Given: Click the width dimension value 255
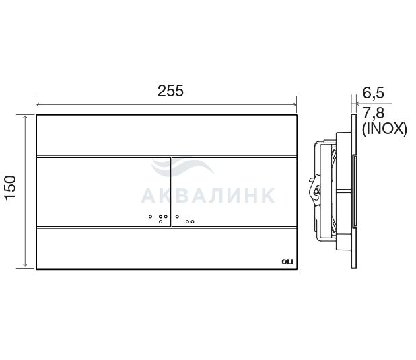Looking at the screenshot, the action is pyautogui.click(x=170, y=91).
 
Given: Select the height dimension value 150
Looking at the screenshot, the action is pyautogui.click(x=11, y=187).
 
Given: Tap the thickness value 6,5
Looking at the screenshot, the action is pyautogui.click(x=374, y=93).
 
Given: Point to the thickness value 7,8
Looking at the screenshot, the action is pyautogui.click(x=374, y=114).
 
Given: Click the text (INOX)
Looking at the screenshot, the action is pyautogui.click(x=384, y=129).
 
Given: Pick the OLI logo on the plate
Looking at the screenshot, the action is pyautogui.click(x=287, y=262).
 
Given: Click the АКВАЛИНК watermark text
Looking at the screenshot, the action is pyautogui.click(x=208, y=196).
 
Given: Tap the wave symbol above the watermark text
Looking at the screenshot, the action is pyautogui.click(x=182, y=167).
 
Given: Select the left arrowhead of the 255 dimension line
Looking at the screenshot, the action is pyautogui.click(x=38, y=104).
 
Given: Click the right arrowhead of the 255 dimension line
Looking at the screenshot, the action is pyautogui.click(x=294, y=104).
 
